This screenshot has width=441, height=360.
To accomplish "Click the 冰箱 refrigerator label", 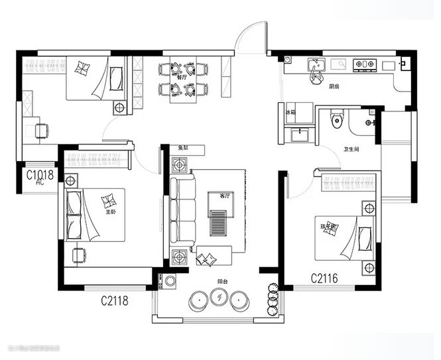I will pos(290,113).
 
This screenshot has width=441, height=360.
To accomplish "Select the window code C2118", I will pos(114,301).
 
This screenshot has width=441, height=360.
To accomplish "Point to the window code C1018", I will pos(40,175).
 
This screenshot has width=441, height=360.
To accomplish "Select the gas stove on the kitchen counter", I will pos(365,64).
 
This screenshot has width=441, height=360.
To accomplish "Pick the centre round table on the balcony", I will pos(218,300).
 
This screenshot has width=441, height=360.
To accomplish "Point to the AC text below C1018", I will pos(40,183).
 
